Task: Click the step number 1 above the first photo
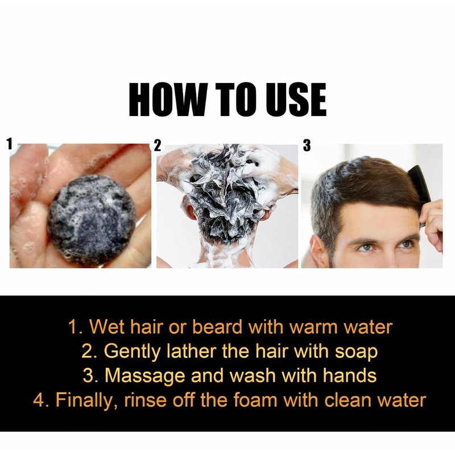click(x=10, y=144)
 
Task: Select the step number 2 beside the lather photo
click(x=158, y=146)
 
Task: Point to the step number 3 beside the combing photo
click(x=307, y=146)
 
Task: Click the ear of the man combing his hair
click(x=317, y=251)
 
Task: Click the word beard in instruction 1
click(x=217, y=327)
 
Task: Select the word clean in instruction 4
click(x=348, y=400)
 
